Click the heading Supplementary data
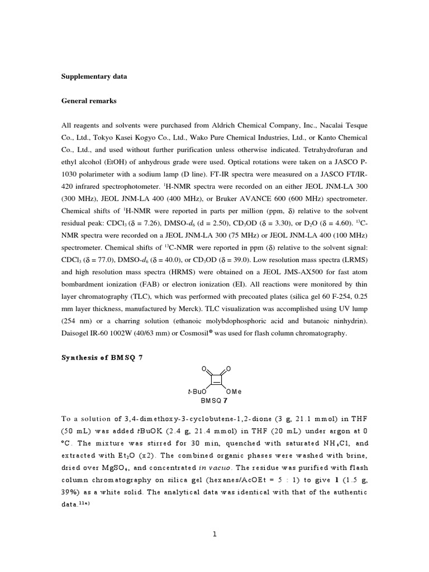coord(94,77)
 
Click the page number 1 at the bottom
coord(214,534)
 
